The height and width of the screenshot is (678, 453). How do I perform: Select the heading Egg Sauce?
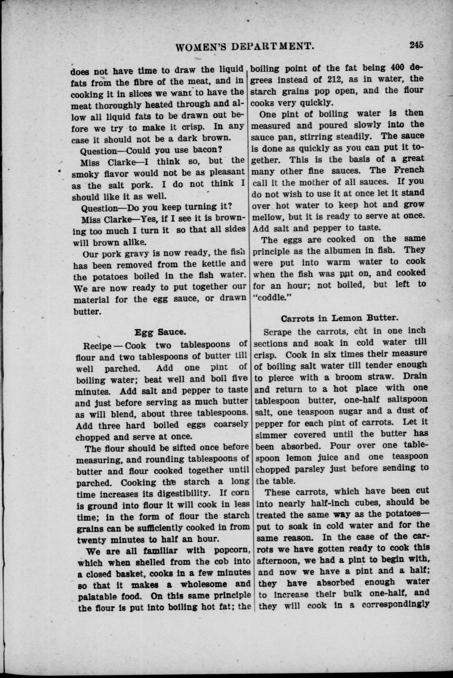pyautogui.click(x=160, y=332)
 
